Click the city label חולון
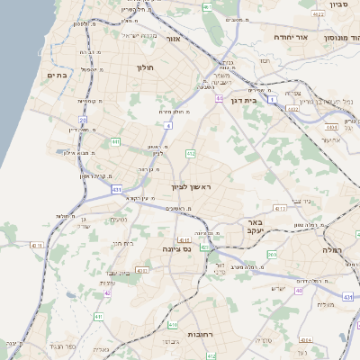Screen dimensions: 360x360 point(146,67)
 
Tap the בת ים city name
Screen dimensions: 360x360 point(57,76)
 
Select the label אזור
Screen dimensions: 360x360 point(174,40)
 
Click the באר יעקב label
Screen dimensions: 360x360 point(254,225)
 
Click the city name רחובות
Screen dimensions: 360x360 point(199,334)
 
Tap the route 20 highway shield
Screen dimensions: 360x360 point(83,119)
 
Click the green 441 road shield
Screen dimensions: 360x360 point(115,141)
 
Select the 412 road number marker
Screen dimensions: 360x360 point(191,154)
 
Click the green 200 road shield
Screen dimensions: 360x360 point(273,256)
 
